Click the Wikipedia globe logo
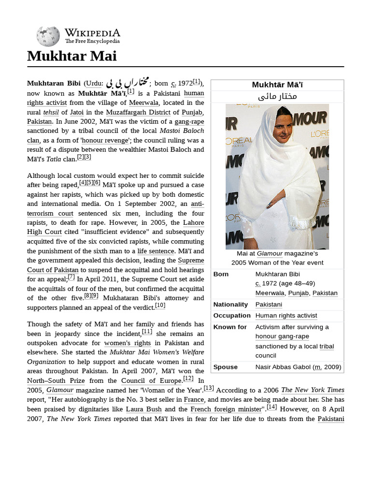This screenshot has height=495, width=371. pos(48,36)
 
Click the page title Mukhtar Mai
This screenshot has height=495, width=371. pos(71,56)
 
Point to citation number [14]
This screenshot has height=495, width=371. pos(271,407)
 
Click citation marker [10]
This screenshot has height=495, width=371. pos(160,305)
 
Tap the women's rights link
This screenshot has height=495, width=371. pos(128,343)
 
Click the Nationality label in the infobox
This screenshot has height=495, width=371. pos(230,305)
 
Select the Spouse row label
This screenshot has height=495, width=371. pos(225,367)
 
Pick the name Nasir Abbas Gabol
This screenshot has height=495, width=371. pos(283,367)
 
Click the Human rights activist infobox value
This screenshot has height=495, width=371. pos(286,316)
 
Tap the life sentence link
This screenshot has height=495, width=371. pos(155,251)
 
